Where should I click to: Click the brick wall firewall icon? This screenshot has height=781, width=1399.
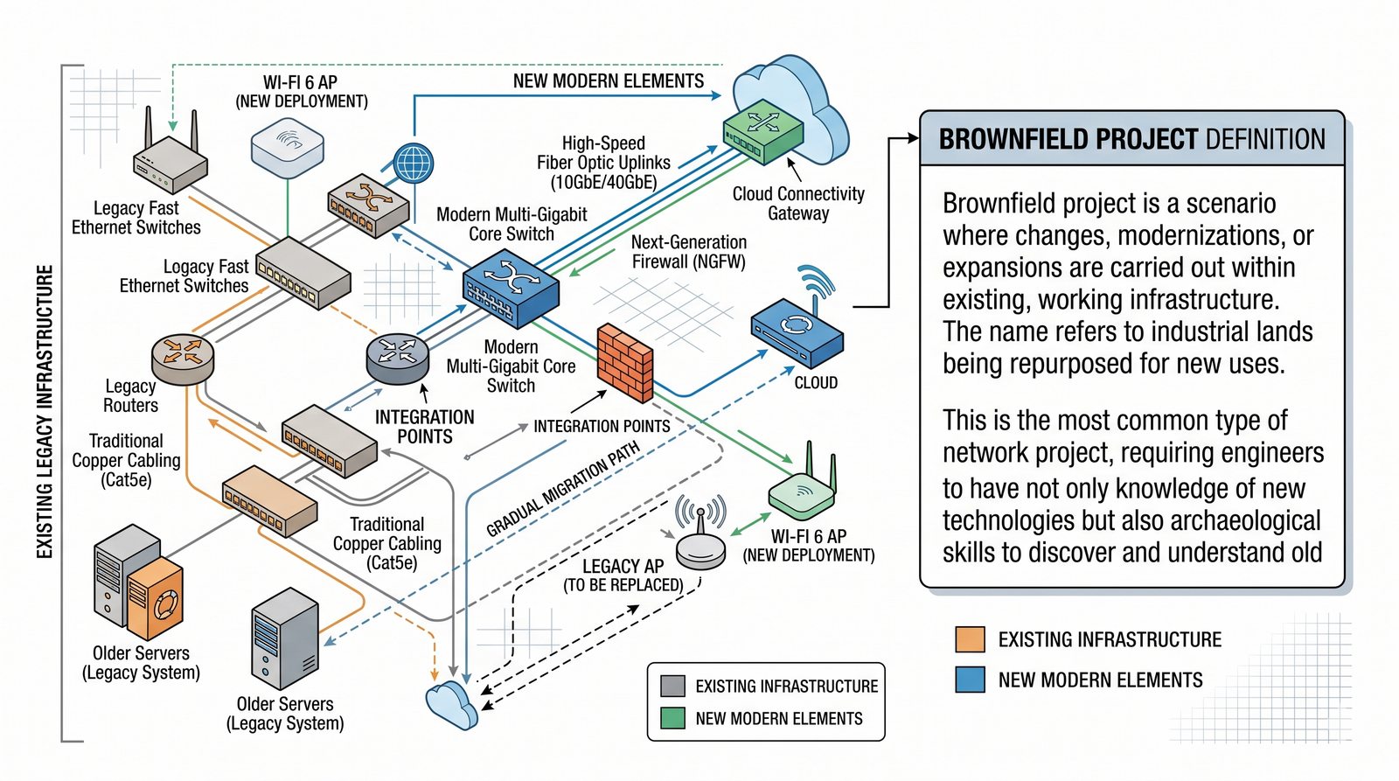tap(625, 362)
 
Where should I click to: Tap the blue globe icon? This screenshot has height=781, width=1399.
tap(414, 163)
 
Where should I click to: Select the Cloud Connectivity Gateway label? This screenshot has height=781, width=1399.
tap(798, 204)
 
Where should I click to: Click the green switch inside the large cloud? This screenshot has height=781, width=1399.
tap(762, 132)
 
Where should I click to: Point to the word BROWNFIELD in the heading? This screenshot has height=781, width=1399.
tap(1068, 140)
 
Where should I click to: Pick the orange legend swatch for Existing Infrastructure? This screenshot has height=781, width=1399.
tap(970, 640)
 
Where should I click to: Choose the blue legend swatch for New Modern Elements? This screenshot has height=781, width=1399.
tap(970, 680)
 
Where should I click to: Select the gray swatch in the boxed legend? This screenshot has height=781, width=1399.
tap(672, 687)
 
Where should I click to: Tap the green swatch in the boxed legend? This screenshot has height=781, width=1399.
tap(672, 719)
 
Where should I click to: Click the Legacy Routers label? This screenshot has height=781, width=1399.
tap(130, 396)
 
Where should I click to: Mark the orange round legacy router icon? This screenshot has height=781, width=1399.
tap(183, 359)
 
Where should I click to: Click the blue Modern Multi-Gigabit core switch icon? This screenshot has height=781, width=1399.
tap(510, 288)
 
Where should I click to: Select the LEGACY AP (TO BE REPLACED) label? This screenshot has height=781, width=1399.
tap(623, 575)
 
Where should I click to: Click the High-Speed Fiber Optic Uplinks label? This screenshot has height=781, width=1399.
tap(603, 163)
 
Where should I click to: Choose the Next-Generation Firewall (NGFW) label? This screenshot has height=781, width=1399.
tap(689, 252)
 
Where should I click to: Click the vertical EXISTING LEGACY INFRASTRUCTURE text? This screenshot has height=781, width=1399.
tap(45, 411)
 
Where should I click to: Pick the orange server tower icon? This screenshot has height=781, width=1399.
tap(156, 598)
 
